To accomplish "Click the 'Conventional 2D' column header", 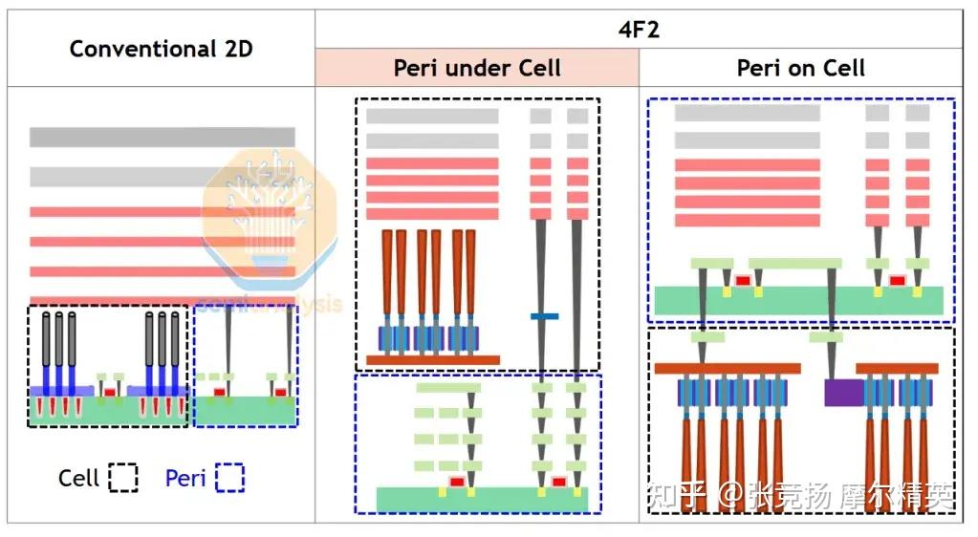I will click(161, 48).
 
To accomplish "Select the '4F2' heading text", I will click(639, 29).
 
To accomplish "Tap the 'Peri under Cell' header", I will click(477, 68).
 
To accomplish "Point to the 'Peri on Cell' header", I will click(800, 68).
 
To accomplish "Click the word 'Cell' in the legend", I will click(78, 478).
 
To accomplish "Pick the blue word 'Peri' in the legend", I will click(185, 478).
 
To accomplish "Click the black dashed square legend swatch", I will click(123, 477).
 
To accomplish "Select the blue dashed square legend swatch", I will click(229, 477).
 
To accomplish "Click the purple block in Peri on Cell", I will click(843, 392).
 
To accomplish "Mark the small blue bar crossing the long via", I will click(544, 316).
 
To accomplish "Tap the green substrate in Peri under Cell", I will click(482, 499).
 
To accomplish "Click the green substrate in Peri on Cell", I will click(798, 300).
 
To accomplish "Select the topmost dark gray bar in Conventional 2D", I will click(162, 137).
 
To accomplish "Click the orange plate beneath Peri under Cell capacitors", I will click(432, 360).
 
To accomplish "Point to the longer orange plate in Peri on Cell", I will click(727, 368).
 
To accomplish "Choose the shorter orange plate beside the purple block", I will click(896, 368).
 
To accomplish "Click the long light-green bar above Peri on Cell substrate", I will click(794, 264).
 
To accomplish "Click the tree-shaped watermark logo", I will click(269, 216).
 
